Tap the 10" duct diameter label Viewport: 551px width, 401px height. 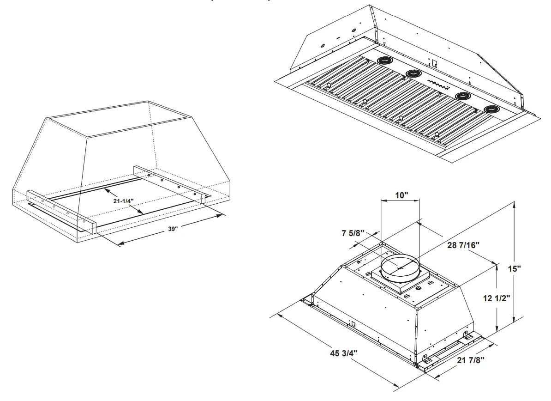click(x=402, y=195)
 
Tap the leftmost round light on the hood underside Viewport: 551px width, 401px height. click(x=384, y=60)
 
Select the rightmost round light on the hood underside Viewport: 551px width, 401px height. click(x=492, y=109)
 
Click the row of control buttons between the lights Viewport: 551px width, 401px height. click(x=438, y=84)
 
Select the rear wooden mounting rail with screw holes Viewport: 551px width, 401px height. click(x=169, y=182)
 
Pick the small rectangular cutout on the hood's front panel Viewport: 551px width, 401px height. click(x=352, y=324)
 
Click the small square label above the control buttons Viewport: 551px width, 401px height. click(x=434, y=62)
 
